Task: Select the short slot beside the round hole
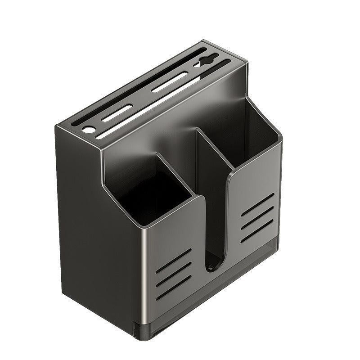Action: click(117, 113)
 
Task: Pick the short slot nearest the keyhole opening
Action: click(170, 82)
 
